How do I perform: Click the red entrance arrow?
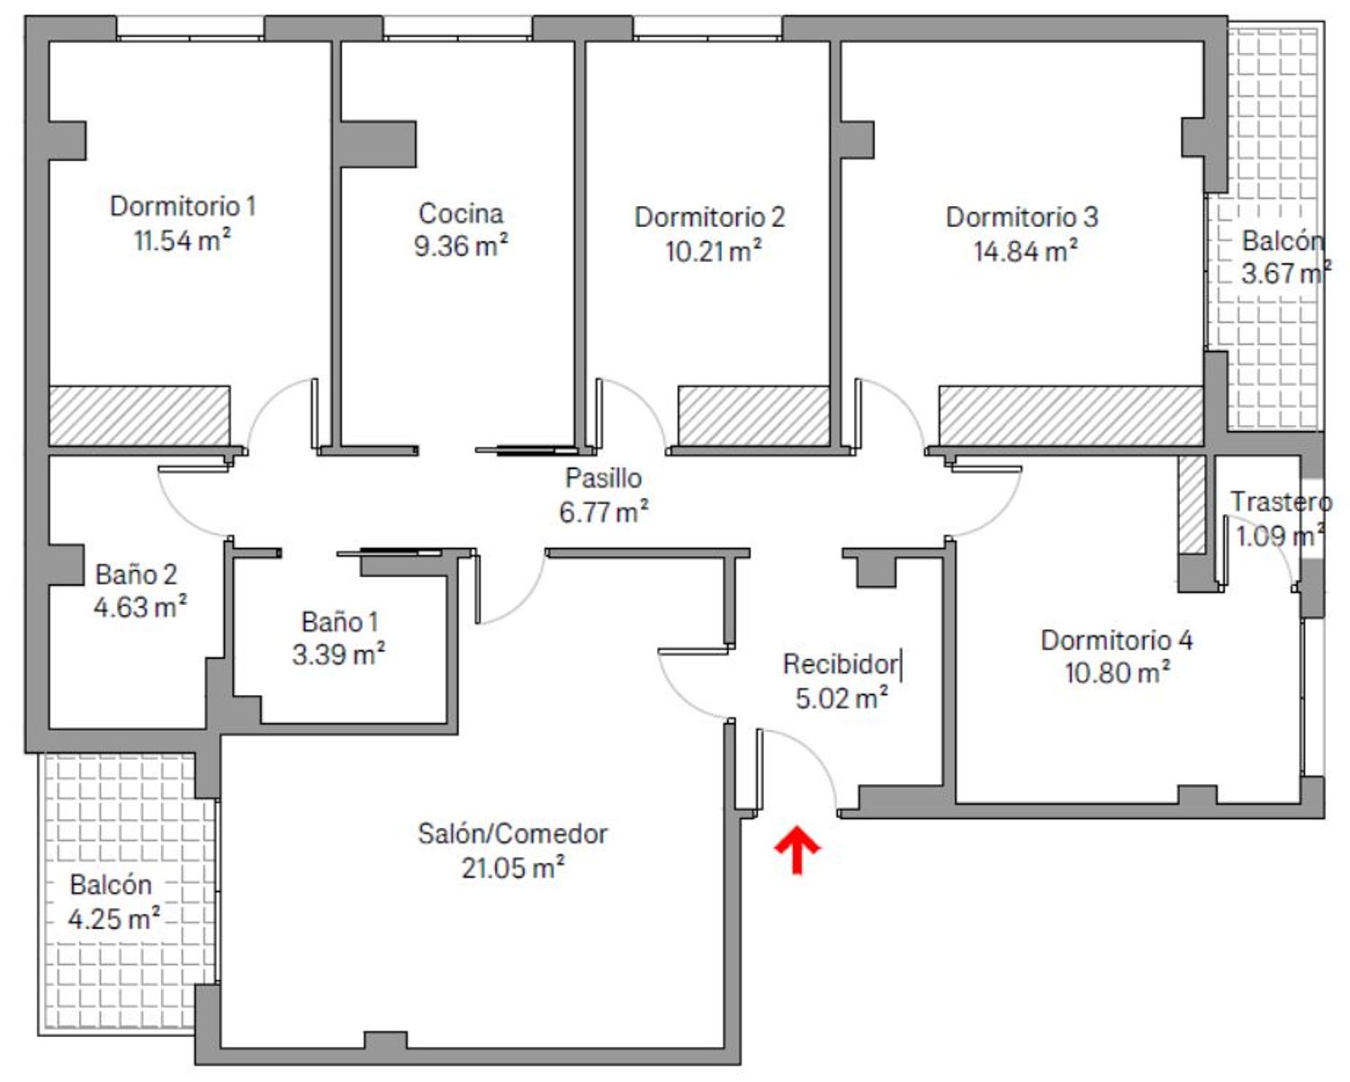tap(796, 849)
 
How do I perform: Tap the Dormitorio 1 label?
tap(184, 206)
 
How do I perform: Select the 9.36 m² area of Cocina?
tap(461, 246)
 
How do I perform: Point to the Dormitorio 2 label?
tap(709, 217)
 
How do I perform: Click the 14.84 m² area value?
tap(1025, 251)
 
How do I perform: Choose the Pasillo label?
tap(604, 478)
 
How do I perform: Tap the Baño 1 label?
tap(340, 622)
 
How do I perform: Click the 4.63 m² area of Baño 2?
tap(139, 607)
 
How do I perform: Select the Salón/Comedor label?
tap(512, 834)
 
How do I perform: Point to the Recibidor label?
tap(841, 664)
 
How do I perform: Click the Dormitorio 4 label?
tap(1117, 640)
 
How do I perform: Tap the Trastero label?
tap(1281, 501)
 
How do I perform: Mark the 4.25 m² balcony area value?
tap(113, 919)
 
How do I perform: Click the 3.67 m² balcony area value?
tap(1286, 273)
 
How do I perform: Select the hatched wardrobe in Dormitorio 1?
tap(139, 416)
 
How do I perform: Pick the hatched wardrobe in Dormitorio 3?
tap(1071, 416)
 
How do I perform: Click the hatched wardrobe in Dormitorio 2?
tap(754, 416)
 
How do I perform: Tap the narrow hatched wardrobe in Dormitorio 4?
tap(1192, 505)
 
